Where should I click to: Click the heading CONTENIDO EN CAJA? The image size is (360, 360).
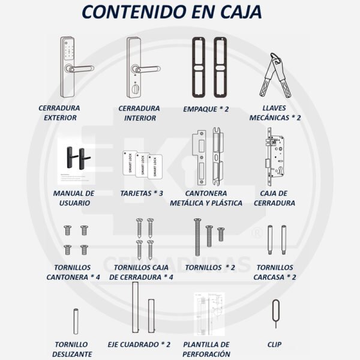pos(180,13)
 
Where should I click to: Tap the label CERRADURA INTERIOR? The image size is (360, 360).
pos(139,113)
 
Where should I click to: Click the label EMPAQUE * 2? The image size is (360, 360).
pos(206,110)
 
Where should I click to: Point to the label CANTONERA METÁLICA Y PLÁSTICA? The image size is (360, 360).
pos(206,199)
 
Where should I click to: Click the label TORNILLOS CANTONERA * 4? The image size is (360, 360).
pos(73,272)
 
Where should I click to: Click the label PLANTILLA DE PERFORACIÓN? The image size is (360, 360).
pos(206,349)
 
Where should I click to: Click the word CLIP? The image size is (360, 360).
pos(274,345)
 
